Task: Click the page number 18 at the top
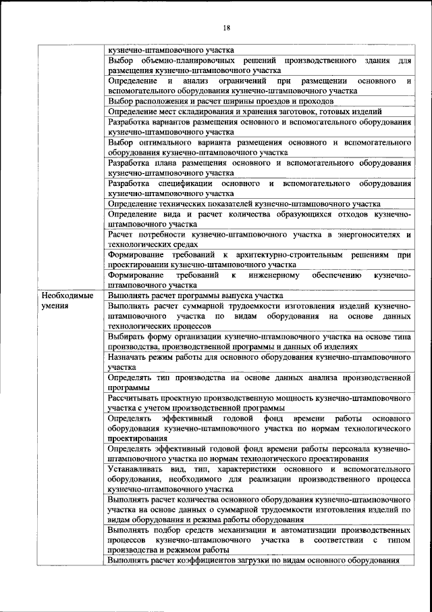[x=226, y=27]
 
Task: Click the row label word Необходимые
[x=66, y=296]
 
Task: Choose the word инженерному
[x=273, y=275]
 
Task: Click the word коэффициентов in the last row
[x=202, y=560]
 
